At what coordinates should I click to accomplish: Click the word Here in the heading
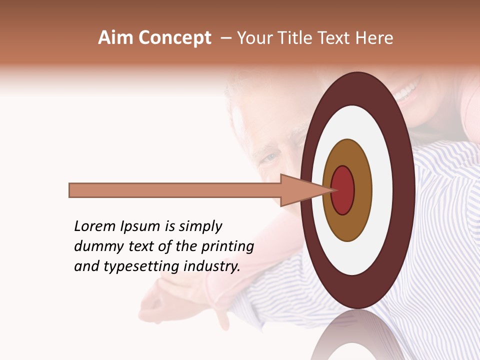[x=374, y=38]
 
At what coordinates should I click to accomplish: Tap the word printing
[x=227, y=247]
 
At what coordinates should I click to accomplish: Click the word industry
[x=212, y=266]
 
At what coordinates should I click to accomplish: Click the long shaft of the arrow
[x=175, y=190]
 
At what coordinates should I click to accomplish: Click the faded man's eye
[x=270, y=158]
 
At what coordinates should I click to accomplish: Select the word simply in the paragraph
[x=200, y=227]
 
